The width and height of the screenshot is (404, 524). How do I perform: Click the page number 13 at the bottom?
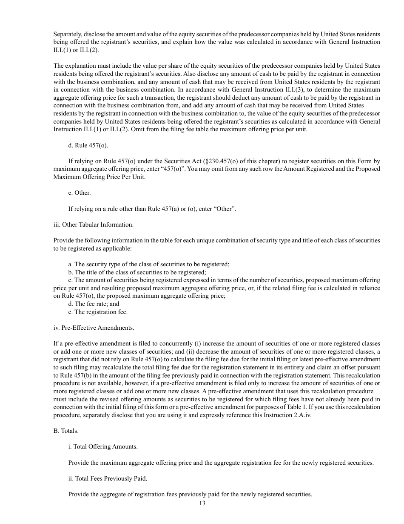pyautogui.click(x=202, y=503)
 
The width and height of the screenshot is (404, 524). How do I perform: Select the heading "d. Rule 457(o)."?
pyautogui.click(x=88, y=146)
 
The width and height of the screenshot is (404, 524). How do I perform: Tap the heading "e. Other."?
pyautogui.click(x=79, y=193)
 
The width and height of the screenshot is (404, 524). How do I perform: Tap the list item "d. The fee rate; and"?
pyautogui.click(x=94, y=304)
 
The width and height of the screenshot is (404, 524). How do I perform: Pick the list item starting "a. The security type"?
pyautogui.click(x=148, y=264)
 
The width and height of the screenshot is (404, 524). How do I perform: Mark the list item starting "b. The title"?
pyautogui.click(x=137, y=272)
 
